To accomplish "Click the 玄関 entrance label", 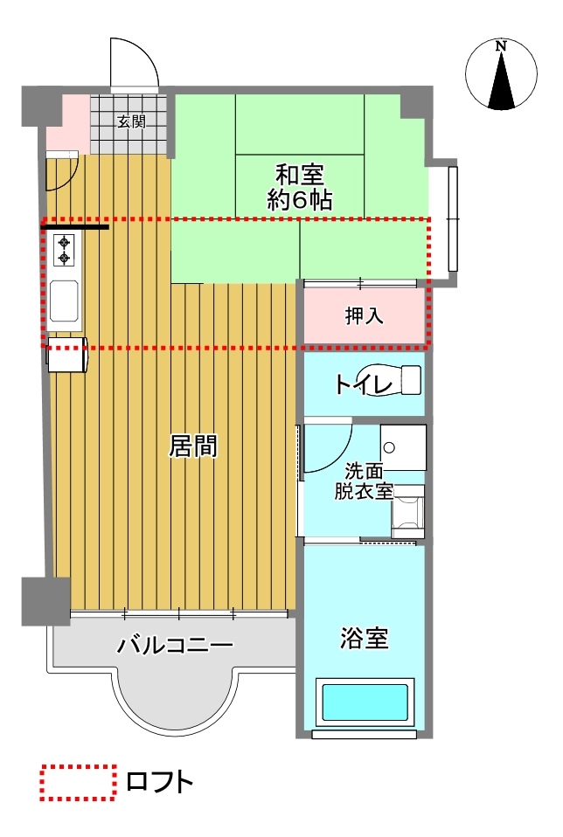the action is [x=131, y=121].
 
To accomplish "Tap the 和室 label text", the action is [x=300, y=175].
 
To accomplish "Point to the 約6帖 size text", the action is [x=300, y=200].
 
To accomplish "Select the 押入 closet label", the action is [x=365, y=316].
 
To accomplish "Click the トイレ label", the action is [x=364, y=384].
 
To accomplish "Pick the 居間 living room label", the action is [x=193, y=446].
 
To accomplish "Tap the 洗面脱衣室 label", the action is [x=364, y=481].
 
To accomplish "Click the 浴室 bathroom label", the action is [x=365, y=638].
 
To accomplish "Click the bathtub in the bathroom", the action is [x=365, y=703].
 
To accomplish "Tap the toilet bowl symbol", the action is [x=391, y=380].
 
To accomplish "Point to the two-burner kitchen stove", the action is [x=66, y=251].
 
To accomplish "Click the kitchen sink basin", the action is [x=65, y=301].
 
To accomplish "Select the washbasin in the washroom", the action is [x=403, y=447].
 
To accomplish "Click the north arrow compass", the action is [x=501, y=75].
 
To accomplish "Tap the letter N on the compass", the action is [x=501, y=46].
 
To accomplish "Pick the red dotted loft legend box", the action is [x=78, y=783].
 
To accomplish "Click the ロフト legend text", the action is [x=159, y=783].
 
